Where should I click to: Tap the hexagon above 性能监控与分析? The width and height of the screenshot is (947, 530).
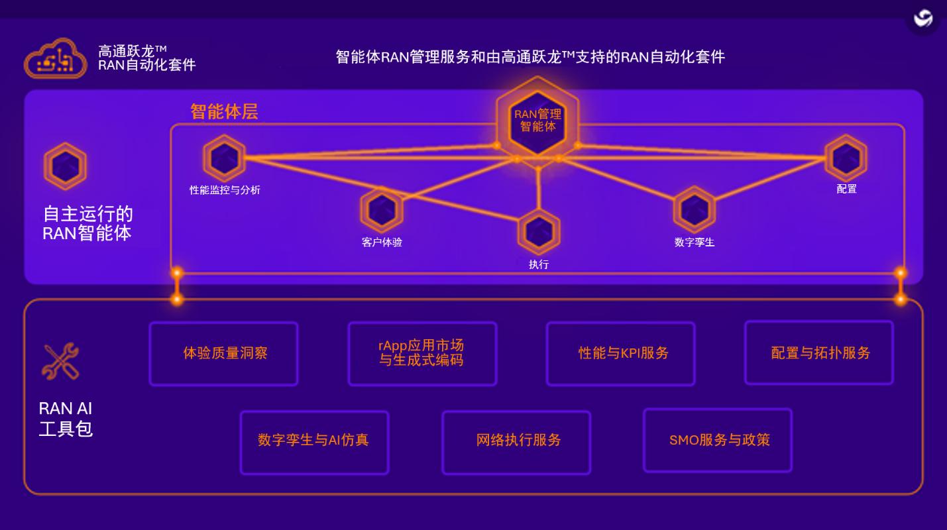[x=224, y=158]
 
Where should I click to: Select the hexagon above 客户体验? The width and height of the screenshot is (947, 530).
[x=382, y=210]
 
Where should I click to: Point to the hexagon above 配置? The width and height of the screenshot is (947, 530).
[x=846, y=158]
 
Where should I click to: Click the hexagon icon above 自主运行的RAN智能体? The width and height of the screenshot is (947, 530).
[x=65, y=166]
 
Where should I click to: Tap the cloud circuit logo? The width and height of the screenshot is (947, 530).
[x=56, y=59]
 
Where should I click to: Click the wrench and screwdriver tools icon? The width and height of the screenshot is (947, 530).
[x=60, y=361]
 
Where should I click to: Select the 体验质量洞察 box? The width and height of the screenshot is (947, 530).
[x=223, y=353]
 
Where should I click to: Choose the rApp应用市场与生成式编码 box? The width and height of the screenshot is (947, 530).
[x=422, y=353]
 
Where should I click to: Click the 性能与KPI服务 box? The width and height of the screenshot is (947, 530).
[x=620, y=353]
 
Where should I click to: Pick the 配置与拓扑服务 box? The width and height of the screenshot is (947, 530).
[x=819, y=352]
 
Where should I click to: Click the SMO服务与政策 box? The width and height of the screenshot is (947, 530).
[x=718, y=440]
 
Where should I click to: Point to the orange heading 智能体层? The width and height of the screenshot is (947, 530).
[x=224, y=112]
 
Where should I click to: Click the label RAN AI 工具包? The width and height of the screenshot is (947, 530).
[x=66, y=419]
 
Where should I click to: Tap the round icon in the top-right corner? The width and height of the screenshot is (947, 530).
[x=922, y=19]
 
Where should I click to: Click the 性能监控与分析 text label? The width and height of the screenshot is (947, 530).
[x=225, y=190]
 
